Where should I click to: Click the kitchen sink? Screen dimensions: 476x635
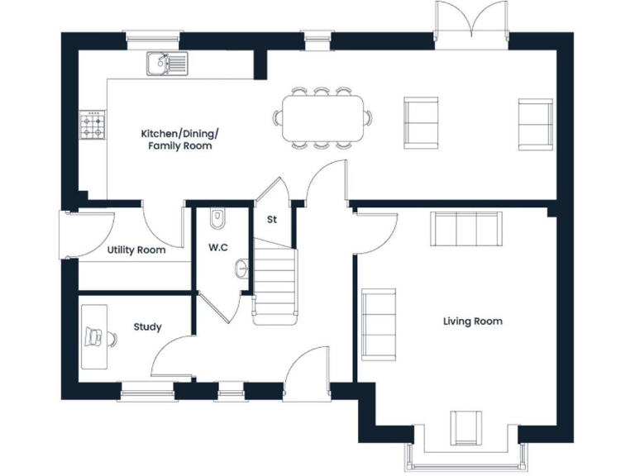pos(167,63)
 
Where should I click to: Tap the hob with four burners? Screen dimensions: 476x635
pos(92,125)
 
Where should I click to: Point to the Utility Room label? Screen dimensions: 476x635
pos(136,250)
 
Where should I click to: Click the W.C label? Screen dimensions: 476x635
pos(218,247)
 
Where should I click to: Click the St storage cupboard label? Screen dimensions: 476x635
pos(271,220)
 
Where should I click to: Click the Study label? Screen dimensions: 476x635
pos(147,327)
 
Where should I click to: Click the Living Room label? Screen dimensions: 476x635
pos(472,321)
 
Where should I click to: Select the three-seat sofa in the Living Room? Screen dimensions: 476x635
pos(466,229)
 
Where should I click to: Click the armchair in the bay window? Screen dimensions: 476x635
pos(466,426)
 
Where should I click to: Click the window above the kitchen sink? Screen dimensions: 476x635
pos(152,36)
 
